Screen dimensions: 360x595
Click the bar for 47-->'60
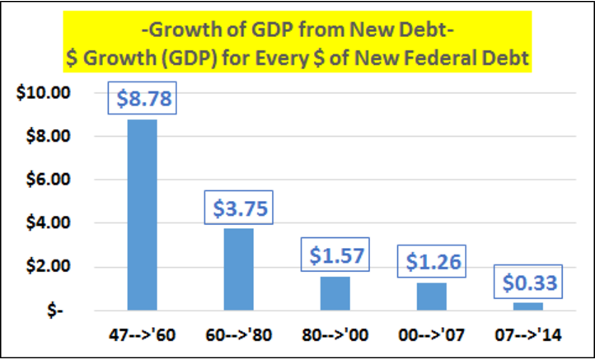142,214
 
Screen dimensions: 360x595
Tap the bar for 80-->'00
335,292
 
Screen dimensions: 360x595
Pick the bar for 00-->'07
431,295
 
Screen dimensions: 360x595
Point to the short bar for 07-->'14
527,306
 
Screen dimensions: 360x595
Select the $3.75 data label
238,209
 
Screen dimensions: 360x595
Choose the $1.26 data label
431,263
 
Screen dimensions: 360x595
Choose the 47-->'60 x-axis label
142,337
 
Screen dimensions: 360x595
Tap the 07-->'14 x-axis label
527,337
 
